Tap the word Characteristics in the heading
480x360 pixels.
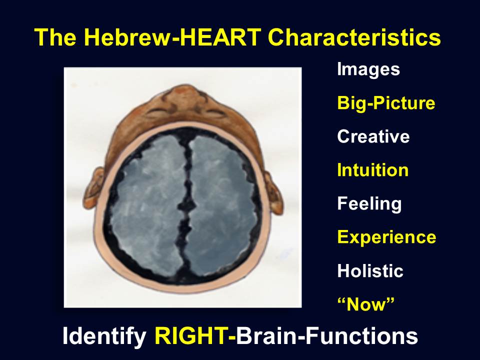coord(354,37)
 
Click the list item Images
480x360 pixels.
coord(368,70)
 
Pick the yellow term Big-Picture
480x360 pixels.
coord(386,103)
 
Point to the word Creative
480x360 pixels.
coord(373,136)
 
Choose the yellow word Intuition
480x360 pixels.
coord(373,170)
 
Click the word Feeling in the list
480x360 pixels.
coord(369,204)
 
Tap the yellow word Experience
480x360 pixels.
coord(386,237)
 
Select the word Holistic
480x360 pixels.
coord(370,270)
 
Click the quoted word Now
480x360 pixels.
coord(365,304)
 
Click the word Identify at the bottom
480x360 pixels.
coord(104,336)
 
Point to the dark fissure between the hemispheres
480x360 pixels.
coord(185,208)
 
